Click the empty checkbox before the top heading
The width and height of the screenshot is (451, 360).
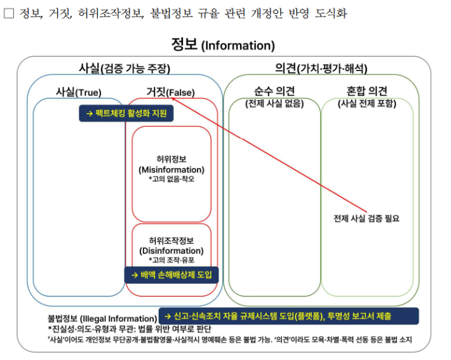coord(9,13)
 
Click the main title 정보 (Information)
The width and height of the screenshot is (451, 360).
coord(223,45)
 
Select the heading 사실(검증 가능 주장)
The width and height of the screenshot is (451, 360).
coord(125,68)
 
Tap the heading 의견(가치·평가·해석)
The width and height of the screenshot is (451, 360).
coord(321,68)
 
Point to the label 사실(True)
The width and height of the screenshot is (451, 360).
coord(79,92)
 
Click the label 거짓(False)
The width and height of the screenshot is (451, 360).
coord(171,92)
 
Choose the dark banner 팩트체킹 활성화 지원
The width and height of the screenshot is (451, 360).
coord(126,113)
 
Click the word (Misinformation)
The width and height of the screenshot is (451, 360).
coord(172,170)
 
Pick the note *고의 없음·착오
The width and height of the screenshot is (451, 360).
coord(172,179)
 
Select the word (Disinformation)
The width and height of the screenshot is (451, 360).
coord(172,251)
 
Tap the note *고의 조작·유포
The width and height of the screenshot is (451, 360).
coord(172,260)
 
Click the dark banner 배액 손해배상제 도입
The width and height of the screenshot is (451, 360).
coord(172,275)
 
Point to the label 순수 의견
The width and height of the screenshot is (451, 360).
coord(274,91)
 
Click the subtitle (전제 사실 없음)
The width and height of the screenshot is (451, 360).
coord(274,103)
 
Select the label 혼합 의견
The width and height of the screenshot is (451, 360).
coord(367,91)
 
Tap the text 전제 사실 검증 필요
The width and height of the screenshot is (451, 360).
coord(367,218)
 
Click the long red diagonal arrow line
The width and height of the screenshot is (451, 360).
coord(269,156)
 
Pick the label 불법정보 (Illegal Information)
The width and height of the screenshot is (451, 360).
coord(102,319)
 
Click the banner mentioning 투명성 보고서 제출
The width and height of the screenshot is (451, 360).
coord(289,316)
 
